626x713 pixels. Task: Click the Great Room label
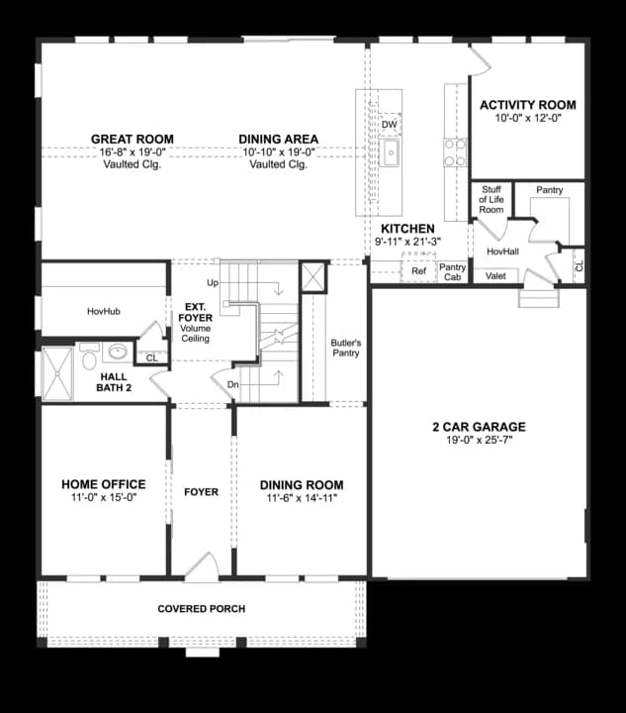(x=133, y=140)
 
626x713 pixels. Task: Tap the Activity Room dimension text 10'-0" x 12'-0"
(x=528, y=118)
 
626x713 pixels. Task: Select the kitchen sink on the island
(x=389, y=153)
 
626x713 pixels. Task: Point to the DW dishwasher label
(x=389, y=125)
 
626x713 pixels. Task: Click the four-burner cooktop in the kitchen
(x=455, y=153)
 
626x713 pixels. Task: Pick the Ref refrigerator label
(x=418, y=271)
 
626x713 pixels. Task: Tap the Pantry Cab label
(x=452, y=272)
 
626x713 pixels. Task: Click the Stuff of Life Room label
(x=492, y=200)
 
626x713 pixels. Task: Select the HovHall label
(x=502, y=252)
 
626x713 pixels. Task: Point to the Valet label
(x=495, y=276)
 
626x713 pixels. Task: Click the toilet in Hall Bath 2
(x=89, y=356)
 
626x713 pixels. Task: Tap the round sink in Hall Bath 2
(x=118, y=351)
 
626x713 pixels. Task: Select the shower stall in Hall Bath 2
(x=57, y=374)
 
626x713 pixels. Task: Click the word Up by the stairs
(x=213, y=283)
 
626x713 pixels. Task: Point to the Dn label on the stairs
(x=232, y=384)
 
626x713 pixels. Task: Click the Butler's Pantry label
(x=346, y=348)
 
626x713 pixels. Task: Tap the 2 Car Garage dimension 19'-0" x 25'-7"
(x=479, y=440)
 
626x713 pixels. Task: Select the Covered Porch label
(x=202, y=609)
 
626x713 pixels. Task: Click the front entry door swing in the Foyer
(x=202, y=566)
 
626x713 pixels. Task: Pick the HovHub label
(x=104, y=312)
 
